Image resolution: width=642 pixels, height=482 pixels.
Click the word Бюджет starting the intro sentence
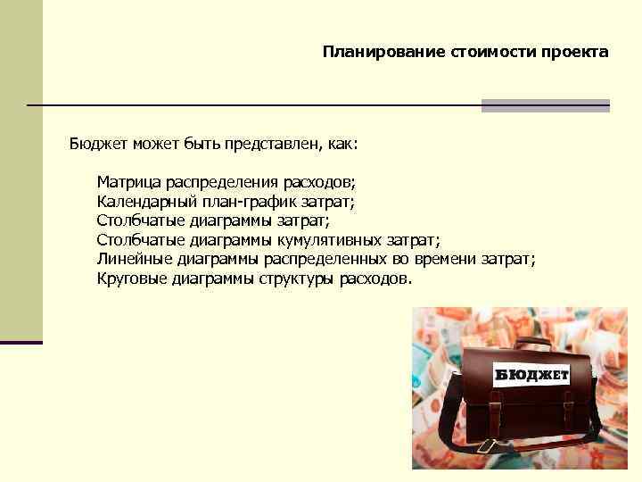coord(97,143)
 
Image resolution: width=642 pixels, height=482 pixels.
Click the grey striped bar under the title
coord(545,105)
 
